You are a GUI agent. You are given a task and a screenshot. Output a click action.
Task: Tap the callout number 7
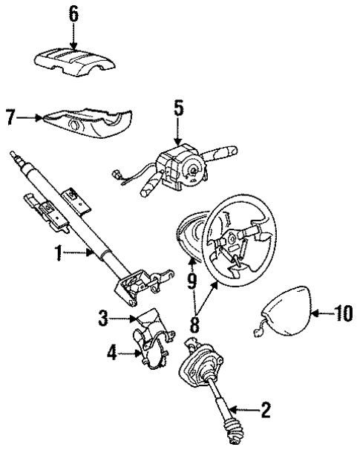click(10, 117)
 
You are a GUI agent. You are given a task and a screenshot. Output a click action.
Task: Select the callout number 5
click(178, 108)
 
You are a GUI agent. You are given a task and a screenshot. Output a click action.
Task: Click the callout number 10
click(341, 315)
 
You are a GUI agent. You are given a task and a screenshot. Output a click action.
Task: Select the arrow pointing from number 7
click(30, 117)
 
